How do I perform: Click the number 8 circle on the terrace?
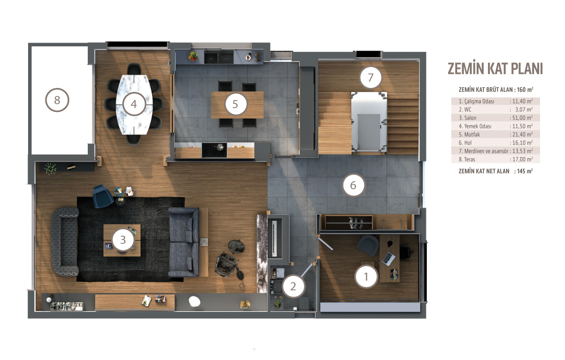[57, 100]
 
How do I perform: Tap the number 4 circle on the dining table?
[134, 104]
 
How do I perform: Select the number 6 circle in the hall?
[353, 185]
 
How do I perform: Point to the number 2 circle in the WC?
[293, 287]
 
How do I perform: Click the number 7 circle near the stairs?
[371, 78]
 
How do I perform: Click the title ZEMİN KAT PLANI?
[495, 68]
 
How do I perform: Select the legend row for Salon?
[496, 118]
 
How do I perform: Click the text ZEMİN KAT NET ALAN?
[484, 171]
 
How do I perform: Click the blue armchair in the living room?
[103, 196]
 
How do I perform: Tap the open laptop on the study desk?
[388, 258]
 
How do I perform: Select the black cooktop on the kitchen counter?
[214, 151]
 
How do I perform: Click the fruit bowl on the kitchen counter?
[193, 56]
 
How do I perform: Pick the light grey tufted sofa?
[65, 242]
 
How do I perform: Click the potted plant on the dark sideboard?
[50, 168]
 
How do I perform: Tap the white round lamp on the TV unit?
[194, 302]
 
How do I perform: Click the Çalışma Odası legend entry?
[477, 101]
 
